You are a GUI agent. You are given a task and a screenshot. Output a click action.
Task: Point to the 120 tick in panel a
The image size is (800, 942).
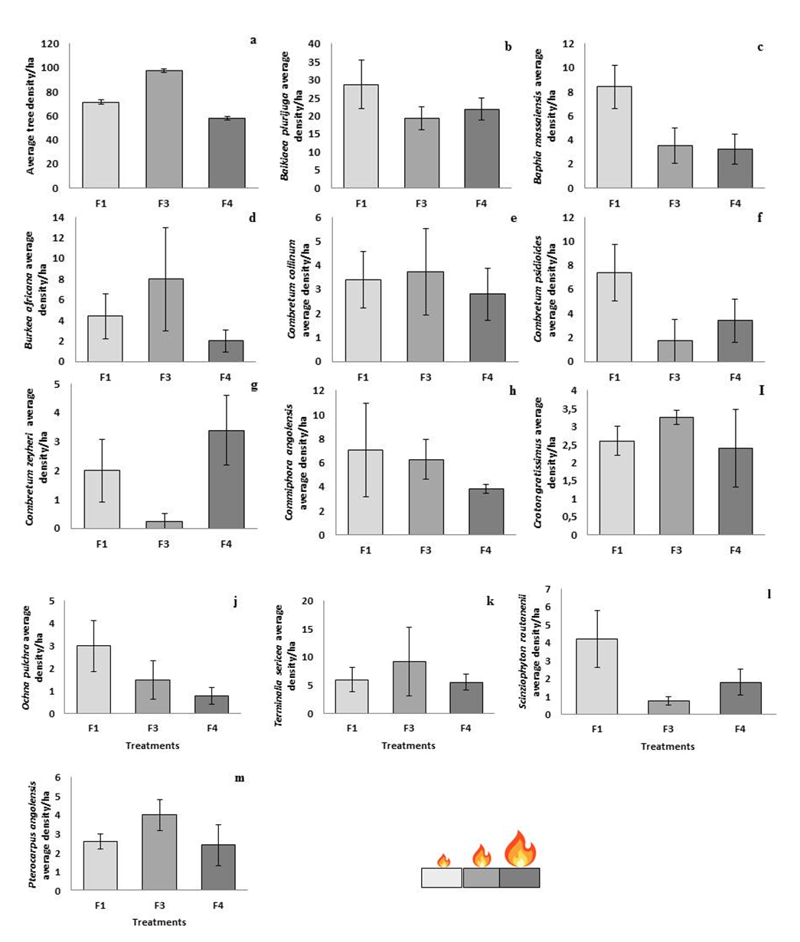click(49, 44)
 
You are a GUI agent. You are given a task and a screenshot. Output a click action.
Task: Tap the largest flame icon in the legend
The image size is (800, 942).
click(520, 849)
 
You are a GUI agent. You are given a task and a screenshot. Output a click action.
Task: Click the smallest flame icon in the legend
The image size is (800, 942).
click(443, 861)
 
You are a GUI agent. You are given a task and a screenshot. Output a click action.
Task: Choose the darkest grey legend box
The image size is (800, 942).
click(519, 877)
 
